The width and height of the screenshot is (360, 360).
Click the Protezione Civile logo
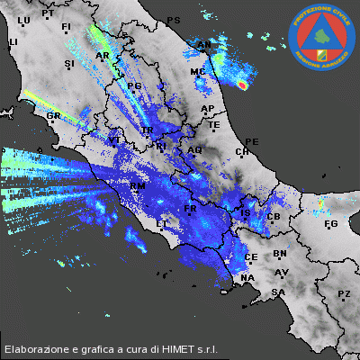322,37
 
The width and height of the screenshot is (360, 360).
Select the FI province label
65,28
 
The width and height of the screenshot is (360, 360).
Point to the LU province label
23,20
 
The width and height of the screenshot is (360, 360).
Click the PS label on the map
174,20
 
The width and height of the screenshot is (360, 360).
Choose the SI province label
69,65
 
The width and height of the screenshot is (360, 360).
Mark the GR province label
53,116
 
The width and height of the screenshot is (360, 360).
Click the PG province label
136,85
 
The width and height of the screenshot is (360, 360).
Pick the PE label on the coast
252,142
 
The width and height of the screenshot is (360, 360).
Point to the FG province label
330,223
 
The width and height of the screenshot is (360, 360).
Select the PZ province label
344,294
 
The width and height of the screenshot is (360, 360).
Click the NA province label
247,279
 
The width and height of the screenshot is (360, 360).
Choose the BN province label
280,255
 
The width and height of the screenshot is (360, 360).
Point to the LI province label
13,42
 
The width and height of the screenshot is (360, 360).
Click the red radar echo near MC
242,85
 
